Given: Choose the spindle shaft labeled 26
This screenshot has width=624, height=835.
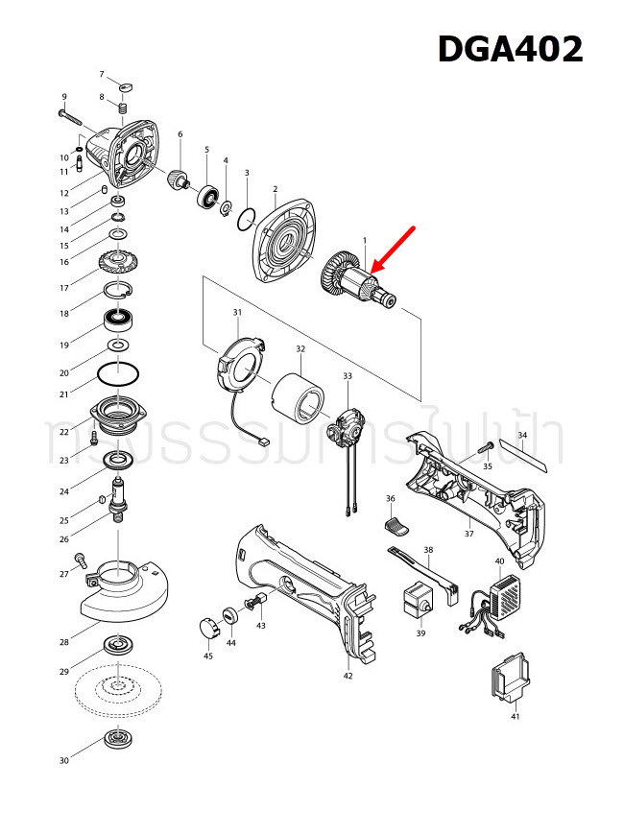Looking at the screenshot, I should tap(121, 496).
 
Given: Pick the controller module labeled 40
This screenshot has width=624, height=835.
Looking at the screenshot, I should tap(504, 595).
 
